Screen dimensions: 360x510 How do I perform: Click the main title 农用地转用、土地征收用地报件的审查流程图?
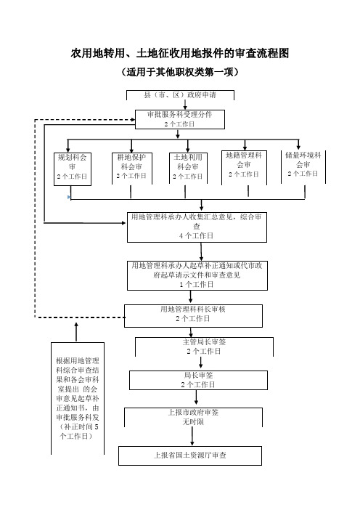tap(180, 53)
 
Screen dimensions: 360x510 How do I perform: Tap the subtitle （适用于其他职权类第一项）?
tap(180, 71)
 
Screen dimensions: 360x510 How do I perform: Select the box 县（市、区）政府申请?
tap(180, 95)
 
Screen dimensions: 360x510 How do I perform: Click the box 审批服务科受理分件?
tap(180, 119)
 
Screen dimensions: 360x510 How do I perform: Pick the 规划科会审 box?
tap(73, 169)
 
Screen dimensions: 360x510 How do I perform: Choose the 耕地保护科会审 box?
tap(132, 169)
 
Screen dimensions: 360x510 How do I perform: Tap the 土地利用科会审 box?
tap(188, 169)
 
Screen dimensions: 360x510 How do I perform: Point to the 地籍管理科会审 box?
tap(244, 168)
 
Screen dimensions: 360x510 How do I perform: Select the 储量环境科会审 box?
tap(303, 167)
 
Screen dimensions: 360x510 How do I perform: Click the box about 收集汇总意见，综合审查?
tap(197, 227)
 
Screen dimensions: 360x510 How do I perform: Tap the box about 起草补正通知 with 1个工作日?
tap(197, 275)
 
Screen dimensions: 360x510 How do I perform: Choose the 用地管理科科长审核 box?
tap(193, 316)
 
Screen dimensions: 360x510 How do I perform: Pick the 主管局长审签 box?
tap(204, 347)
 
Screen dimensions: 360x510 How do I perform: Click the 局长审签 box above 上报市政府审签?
tap(199, 380)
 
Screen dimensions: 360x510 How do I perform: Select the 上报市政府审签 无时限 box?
tap(193, 418)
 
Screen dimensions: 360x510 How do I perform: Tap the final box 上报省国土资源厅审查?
tap(190, 456)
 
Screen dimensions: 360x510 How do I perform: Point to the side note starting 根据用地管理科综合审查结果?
tap(78, 398)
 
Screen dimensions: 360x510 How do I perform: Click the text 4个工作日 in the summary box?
tap(197, 235)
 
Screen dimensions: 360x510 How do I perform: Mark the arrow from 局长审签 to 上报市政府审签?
tap(196, 397)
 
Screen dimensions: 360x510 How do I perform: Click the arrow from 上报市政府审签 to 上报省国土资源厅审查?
tap(192, 436)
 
